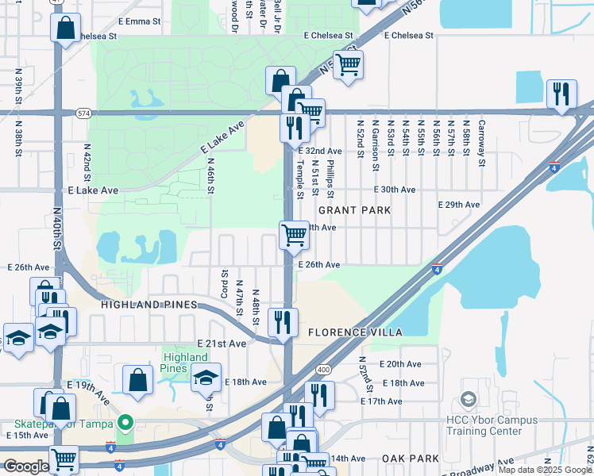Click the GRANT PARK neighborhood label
coord(354,210)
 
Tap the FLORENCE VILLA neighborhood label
coord(356,332)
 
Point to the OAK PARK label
coord(410,459)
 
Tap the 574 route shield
coord(83,113)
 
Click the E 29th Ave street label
coord(461,204)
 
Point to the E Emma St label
coord(139,22)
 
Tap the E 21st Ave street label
coord(222,344)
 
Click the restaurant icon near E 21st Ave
coord(283,322)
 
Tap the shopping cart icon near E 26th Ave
coord(294,234)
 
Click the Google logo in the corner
coord(26,466)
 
